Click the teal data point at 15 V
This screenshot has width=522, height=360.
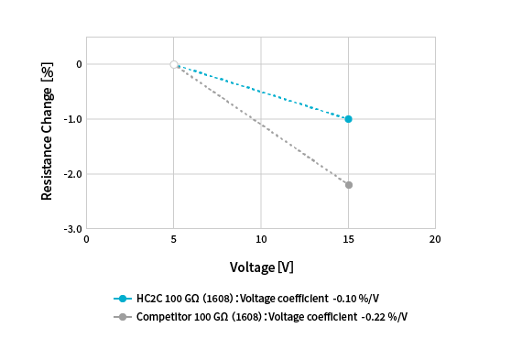coord(348,119)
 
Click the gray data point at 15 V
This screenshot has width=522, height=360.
coord(348,185)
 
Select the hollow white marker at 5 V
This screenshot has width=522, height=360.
coord(174,64)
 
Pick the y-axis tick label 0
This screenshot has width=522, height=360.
coord(79,64)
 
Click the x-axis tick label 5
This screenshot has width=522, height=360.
coord(174,240)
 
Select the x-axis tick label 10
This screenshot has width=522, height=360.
coord(261,240)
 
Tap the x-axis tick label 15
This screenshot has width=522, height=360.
coord(348,240)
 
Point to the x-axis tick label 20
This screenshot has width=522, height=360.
coord(435,240)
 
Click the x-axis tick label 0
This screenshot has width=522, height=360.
coord(87,240)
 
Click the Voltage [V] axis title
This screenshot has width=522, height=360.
coord(261,267)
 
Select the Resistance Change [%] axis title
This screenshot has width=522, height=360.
coord(47,133)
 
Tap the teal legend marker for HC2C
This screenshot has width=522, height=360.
coord(123,299)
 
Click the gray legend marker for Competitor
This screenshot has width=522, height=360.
coord(123,317)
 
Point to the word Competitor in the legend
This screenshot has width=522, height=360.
coord(162,317)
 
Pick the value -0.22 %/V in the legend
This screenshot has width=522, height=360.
coord(384,317)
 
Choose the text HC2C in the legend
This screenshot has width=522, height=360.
coord(149,299)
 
